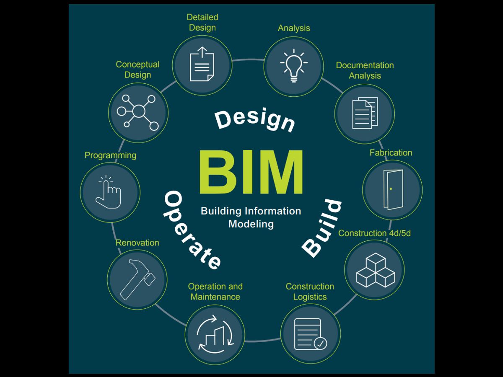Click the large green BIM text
pos(251,173)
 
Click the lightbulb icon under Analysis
pos(293,66)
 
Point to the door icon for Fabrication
pos(392,190)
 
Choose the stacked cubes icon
pos(375,270)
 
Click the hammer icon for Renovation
pos(137,279)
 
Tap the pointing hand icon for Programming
pos(110,192)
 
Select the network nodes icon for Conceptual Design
pos(138,112)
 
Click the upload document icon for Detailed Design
pos(202,65)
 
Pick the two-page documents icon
pos(364,113)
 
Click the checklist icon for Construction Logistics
pos(310,334)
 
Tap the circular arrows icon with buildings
pos(215,334)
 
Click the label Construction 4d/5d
pos(374,233)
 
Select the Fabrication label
pos(391,153)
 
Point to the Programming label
pos(110,155)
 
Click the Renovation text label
pos(137,243)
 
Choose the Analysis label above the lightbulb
pos(294,28)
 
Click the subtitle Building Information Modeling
pos(251,217)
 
